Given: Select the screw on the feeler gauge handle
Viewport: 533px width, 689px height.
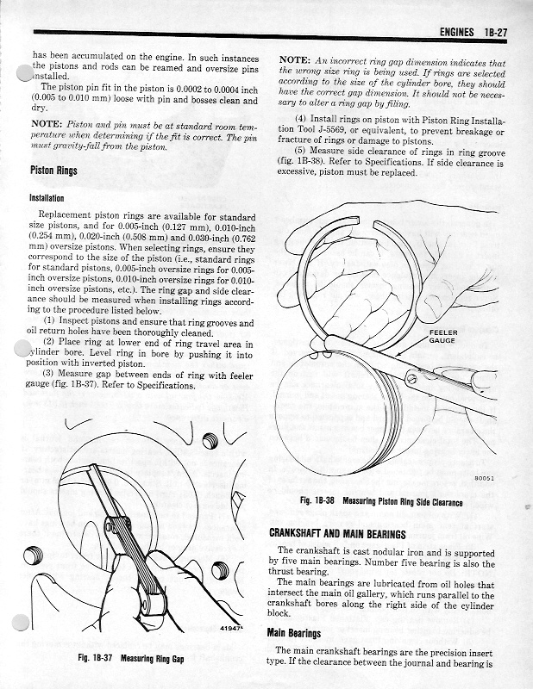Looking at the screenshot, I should [x=415, y=377].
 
